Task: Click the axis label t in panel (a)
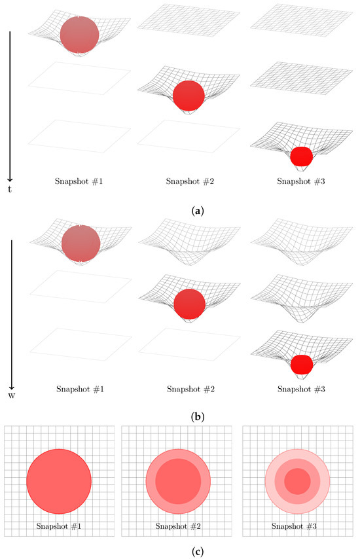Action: click(x=10, y=189)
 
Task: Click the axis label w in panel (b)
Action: click(x=11, y=395)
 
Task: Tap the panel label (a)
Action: click(x=198, y=211)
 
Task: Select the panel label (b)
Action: click(x=198, y=417)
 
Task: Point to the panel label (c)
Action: click(x=198, y=552)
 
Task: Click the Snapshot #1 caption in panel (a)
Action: click(x=79, y=181)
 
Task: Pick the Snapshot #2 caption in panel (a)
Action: click(x=190, y=181)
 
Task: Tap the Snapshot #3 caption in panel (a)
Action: click(x=301, y=181)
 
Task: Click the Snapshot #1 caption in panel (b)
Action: click(x=81, y=389)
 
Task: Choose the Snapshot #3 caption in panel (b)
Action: click(x=302, y=389)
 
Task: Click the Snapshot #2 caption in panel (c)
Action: click(x=178, y=526)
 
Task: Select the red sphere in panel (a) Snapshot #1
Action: click(x=79, y=35)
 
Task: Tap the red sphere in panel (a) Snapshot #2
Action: click(x=189, y=96)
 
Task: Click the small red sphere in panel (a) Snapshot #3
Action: click(x=302, y=156)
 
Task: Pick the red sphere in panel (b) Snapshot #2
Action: click(x=190, y=304)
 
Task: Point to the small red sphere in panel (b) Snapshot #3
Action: click(x=302, y=365)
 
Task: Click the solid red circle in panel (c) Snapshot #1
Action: click(x=59, y=481)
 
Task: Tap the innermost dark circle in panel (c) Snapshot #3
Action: click(x=297, y=481)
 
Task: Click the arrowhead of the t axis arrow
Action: click(x=10, y=179)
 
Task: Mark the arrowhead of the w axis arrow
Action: click(x=11, y=387)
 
